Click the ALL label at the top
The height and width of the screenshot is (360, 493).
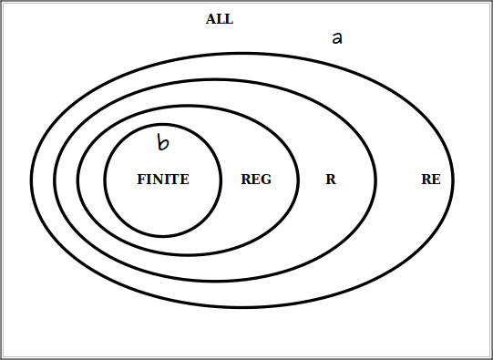point(220,19)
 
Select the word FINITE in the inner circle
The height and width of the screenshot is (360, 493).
point(163,180)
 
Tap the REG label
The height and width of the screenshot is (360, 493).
point(256,180)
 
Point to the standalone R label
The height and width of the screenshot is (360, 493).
point(331,180)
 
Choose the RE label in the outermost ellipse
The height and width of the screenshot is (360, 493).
point(431,180)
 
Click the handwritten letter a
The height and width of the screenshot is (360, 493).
point(336,38)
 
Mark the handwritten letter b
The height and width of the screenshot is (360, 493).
point(162,142)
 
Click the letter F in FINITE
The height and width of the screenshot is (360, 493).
point(141,180)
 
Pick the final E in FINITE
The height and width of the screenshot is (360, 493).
point(185,180)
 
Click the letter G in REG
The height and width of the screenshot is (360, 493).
point(266,180)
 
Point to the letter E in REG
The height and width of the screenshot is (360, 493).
point(256,180)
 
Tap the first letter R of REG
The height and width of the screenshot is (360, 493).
point(246,180)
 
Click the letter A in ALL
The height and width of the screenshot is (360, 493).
point(211,19)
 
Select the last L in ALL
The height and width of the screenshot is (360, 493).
point(229,19)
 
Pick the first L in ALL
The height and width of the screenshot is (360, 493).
point(221,19)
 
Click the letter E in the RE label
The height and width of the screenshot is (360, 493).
point(437,180)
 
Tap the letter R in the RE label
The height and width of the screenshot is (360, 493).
point(426,180)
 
